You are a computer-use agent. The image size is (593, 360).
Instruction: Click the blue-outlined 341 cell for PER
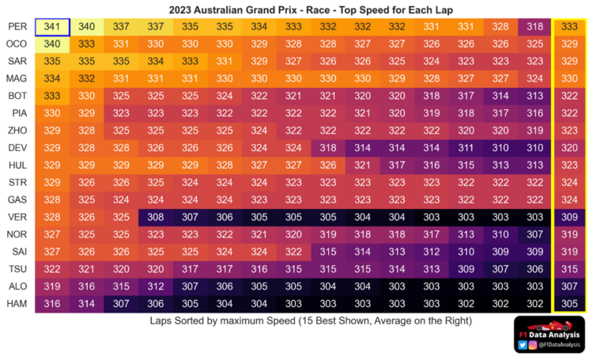pyautogui.click(x=52, y=26)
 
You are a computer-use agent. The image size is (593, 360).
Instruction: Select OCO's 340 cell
pyautogui.click(x=52, y=44)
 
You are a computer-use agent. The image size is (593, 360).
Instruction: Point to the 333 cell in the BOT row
pyautogui.click(x=52, y=96)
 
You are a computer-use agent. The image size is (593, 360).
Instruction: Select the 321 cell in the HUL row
pyautogui.click(x=363, y=165)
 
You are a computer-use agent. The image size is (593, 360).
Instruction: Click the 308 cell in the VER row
pyautogui.click(x=156, y=217)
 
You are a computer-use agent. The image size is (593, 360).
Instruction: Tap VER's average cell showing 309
pyautogui.click(x=569, y=217)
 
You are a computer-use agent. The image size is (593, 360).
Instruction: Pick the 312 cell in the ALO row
pyautogui.click(x=156, y=286)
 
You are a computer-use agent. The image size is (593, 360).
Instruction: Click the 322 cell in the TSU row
pyautogui.click(x=52, y=269)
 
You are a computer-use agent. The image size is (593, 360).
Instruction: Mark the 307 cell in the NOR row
pyautogui.click(x=535, y=234)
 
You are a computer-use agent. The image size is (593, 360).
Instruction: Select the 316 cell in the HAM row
pyautogui.click(x=52, y=304)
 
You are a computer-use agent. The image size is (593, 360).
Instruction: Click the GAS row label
pyautogui.click(x=17, y=199)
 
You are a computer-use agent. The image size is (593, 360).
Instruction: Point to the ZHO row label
pyautogui.click(x=17, y=131)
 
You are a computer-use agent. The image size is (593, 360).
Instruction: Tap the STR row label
pyautogui.click(x=17, y=182)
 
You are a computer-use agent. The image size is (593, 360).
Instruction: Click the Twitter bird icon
pyautogui.click(x=523, y=346)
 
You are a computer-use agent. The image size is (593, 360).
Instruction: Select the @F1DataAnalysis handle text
pyautogui.click(x=561, y=346)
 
